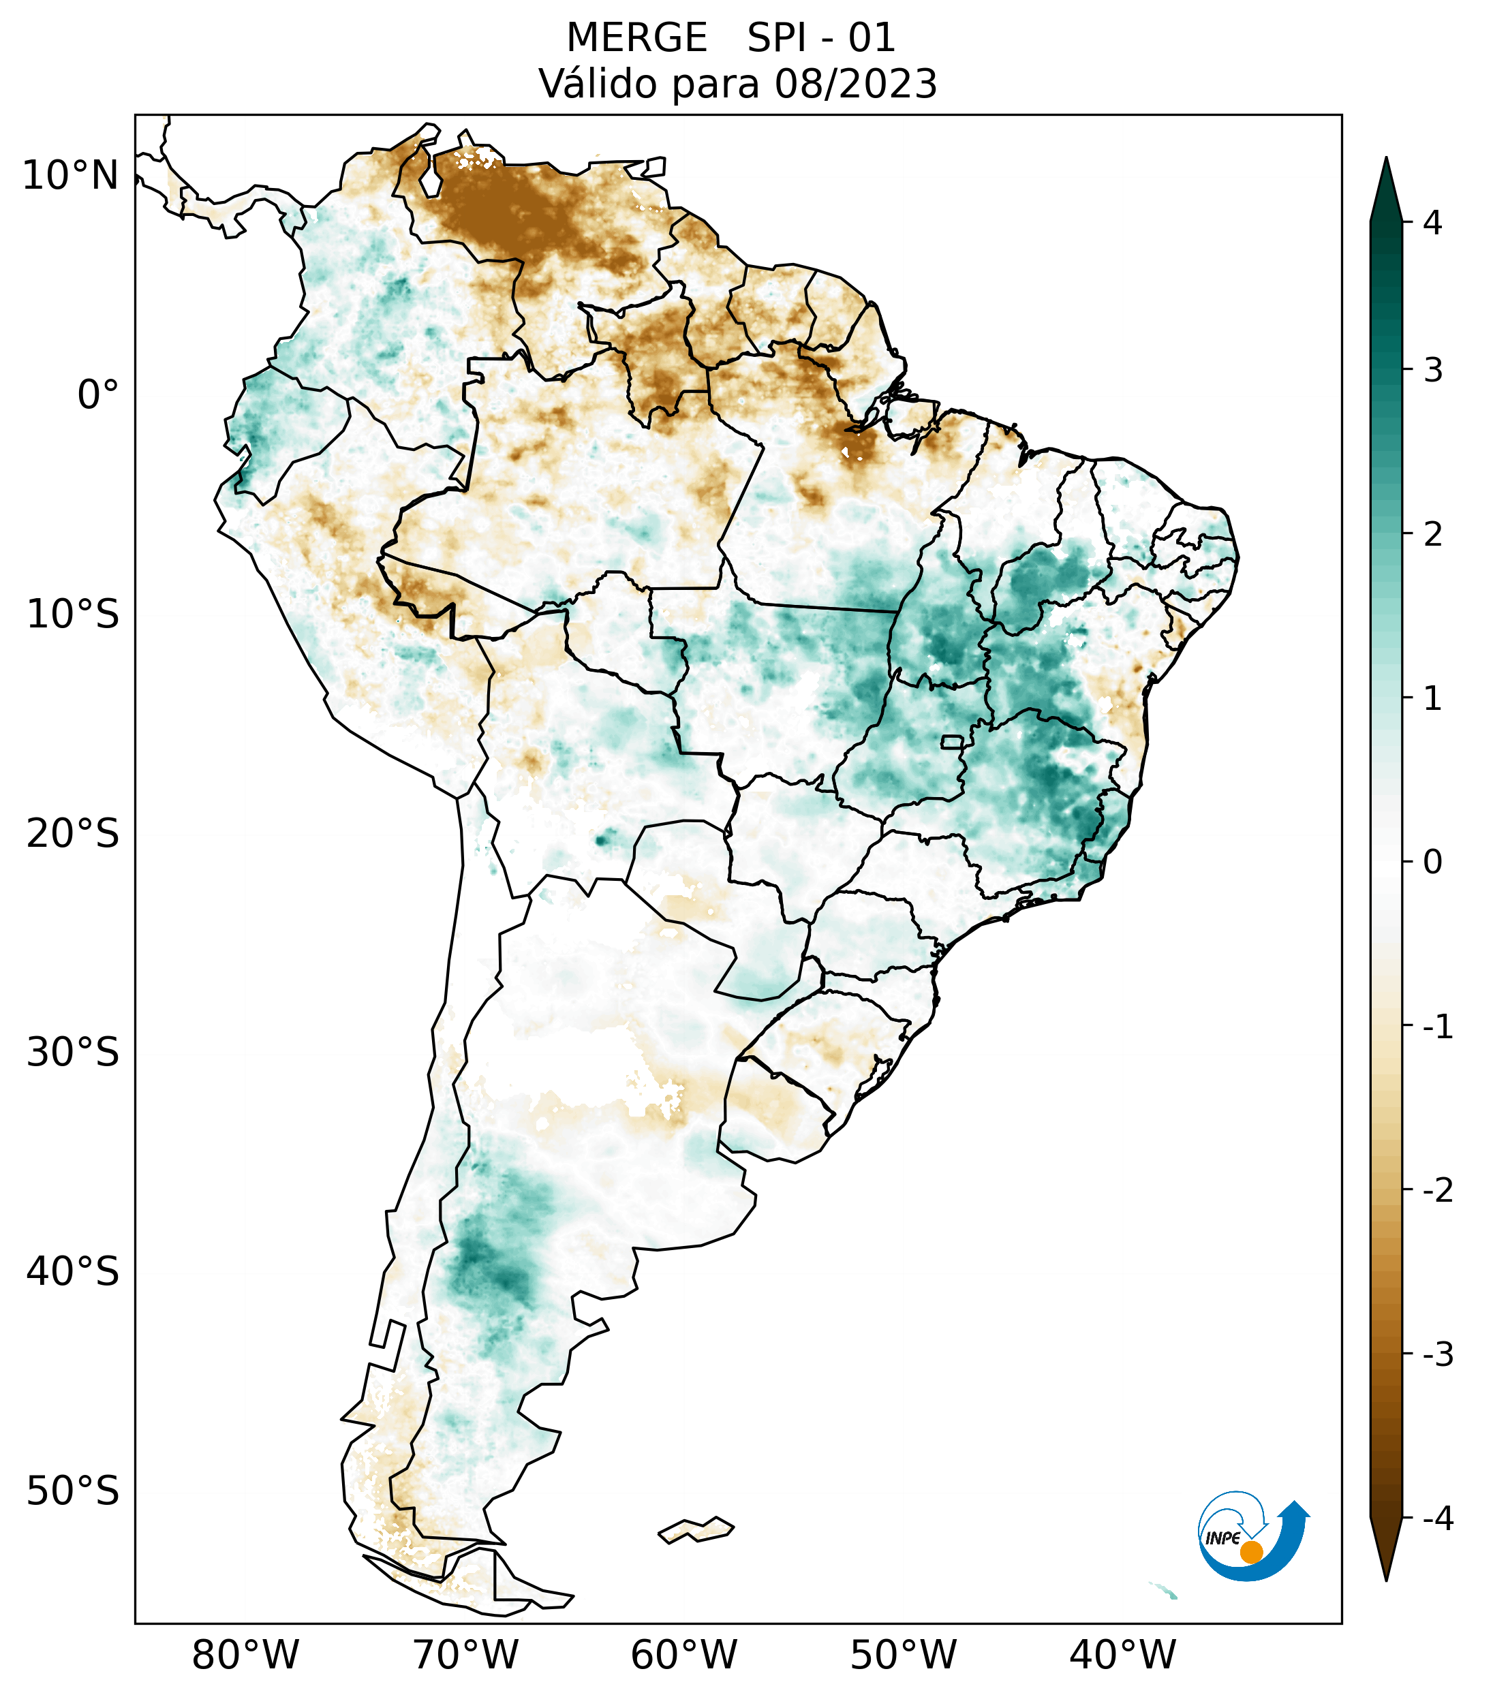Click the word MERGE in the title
[636, 38]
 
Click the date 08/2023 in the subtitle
[855, 84]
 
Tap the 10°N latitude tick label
[71, 176]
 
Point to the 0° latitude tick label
[98, 395]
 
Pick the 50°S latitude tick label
[73, 1491]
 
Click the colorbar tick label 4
[1432, 223]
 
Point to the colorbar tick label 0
[1432, 862]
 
